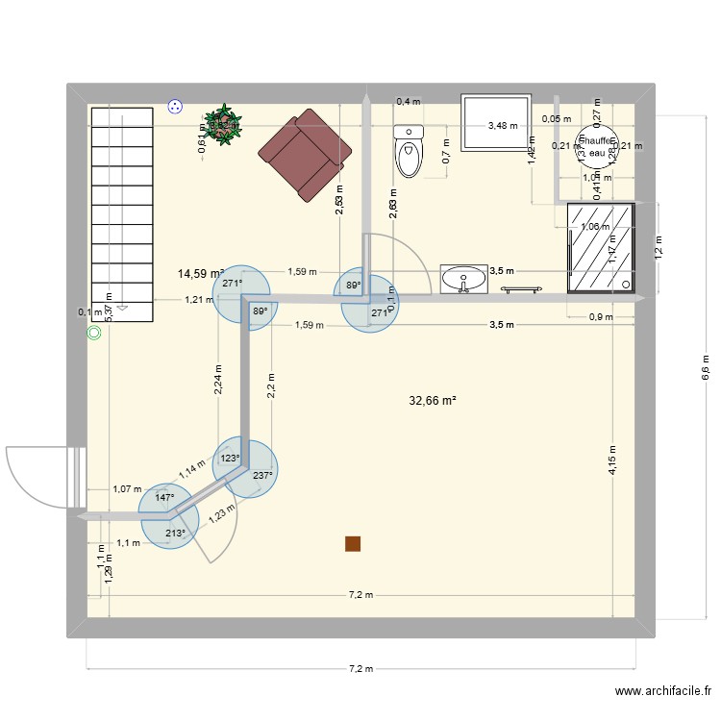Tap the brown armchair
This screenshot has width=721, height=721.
[308, 154]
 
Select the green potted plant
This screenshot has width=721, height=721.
[224, 125]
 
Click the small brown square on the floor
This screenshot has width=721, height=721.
[354, 544]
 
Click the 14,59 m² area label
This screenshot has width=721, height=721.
[200, 274]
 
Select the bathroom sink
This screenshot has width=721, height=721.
[465, 280]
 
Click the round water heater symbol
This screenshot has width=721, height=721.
[596, 152]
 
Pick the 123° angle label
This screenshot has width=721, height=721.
[231, 459]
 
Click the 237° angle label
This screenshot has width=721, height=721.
[262, 475]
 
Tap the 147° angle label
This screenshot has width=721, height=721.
[164, 498]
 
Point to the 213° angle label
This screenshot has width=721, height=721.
[174, 535]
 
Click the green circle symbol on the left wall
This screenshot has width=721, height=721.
[94, 334]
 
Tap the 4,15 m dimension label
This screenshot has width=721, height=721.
[612, 462]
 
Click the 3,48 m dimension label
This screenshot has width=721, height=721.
[502, 125]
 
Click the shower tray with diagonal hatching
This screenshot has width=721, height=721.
[601, 247]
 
